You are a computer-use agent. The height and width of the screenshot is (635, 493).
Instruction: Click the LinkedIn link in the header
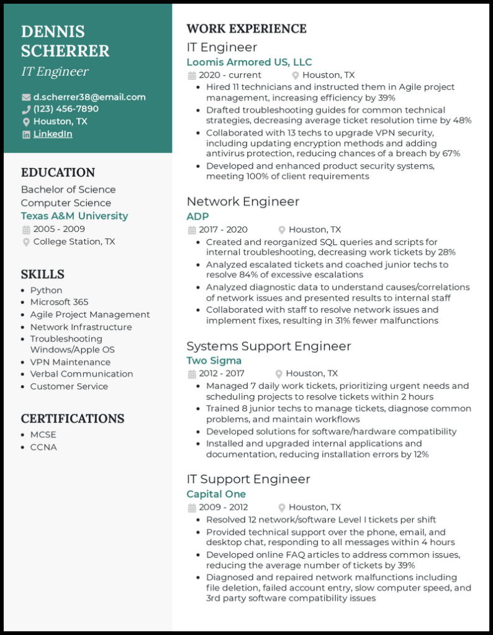53,134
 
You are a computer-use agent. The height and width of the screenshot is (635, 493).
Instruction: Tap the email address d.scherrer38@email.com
89,97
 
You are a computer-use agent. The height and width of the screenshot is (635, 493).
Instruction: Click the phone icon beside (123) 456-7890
26,109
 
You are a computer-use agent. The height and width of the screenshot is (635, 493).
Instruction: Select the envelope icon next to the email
26,97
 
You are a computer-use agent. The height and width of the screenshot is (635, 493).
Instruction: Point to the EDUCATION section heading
58,172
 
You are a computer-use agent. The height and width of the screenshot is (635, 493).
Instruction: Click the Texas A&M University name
75,216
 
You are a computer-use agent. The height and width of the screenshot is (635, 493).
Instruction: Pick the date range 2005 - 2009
59,229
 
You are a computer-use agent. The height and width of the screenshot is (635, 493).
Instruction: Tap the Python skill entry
46,290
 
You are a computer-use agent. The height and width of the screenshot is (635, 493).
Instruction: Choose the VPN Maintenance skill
70,362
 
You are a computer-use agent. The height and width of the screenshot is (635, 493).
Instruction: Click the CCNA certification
43,447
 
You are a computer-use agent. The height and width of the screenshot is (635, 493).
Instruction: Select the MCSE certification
43,435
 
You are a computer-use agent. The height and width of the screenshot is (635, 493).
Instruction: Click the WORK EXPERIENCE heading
246,29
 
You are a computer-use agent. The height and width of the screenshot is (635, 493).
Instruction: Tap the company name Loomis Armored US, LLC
249,62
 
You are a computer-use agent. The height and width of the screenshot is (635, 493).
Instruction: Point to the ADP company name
198,216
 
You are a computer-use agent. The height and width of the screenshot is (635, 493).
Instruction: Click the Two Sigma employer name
214,360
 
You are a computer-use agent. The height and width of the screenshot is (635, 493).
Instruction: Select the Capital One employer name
216,494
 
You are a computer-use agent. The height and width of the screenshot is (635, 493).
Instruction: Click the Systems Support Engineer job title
269,346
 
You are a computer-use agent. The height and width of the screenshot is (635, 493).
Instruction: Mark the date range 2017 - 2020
223,229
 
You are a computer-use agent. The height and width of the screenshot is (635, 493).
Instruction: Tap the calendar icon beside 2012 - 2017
192,374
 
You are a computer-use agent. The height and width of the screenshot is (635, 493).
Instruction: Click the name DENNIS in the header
53,32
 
